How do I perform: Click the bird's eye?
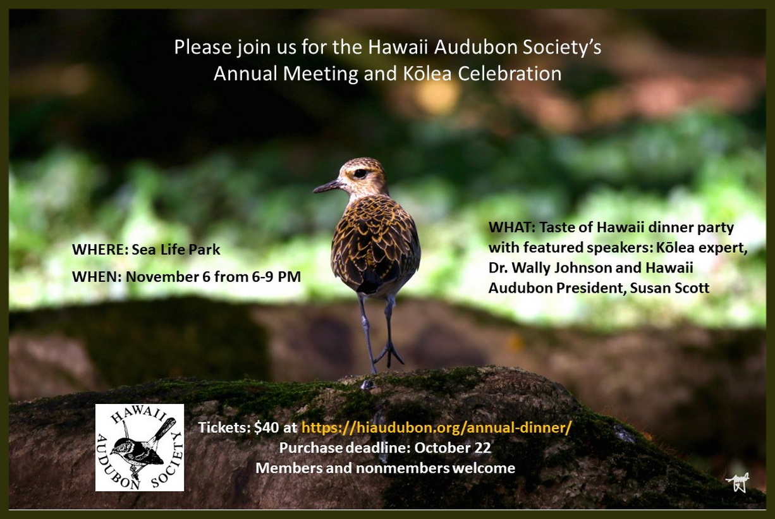[360, 173]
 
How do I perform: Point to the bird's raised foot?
[389, 353]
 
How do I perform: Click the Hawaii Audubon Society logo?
[140, 448]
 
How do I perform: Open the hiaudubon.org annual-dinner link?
[436, 428]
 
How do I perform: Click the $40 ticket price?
[266, 428]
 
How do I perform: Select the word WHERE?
[100, 250]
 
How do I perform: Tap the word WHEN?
[97, 277]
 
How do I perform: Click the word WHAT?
[512, 228]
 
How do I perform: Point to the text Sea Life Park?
[176, 250]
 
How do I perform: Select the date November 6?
[168, 277]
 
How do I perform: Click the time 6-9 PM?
[276, 277]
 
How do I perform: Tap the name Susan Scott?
[669, 288]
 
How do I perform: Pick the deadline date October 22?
[453, 448]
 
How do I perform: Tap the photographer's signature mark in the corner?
[738, 482]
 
